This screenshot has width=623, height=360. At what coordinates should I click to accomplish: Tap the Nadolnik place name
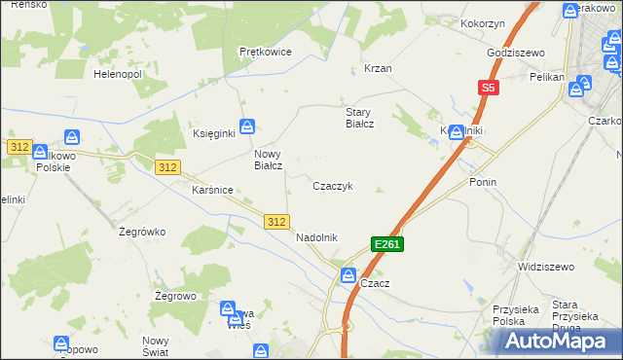click(x=316, y=237)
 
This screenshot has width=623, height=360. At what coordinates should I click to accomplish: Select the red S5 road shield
click(x=489, y=88)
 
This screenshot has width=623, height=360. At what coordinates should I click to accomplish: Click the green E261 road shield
click(x=386, y=244)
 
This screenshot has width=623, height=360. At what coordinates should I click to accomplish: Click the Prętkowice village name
click(x=266, y=53)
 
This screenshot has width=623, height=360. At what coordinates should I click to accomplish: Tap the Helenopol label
click(x=118, y=73)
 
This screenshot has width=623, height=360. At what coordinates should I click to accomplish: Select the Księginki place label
click(x=214, y=134)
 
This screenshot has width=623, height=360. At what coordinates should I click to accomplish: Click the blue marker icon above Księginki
click(x=248, y=126)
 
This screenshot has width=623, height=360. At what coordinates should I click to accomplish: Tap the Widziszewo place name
click(x=546, y=266)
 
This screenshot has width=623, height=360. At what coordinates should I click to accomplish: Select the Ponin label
click(x=483, y=182)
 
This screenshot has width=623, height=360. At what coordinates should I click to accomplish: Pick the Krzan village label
click(x=378, y=69)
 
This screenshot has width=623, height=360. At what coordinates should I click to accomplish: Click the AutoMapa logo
click(x=563, y=341)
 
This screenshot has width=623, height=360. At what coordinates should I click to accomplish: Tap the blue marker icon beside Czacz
click(x=348, y=276)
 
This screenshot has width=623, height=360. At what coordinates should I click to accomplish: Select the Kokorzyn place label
click(x=484, y=21)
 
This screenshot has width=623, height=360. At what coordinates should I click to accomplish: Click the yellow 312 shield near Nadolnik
click(x=276, y=223)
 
